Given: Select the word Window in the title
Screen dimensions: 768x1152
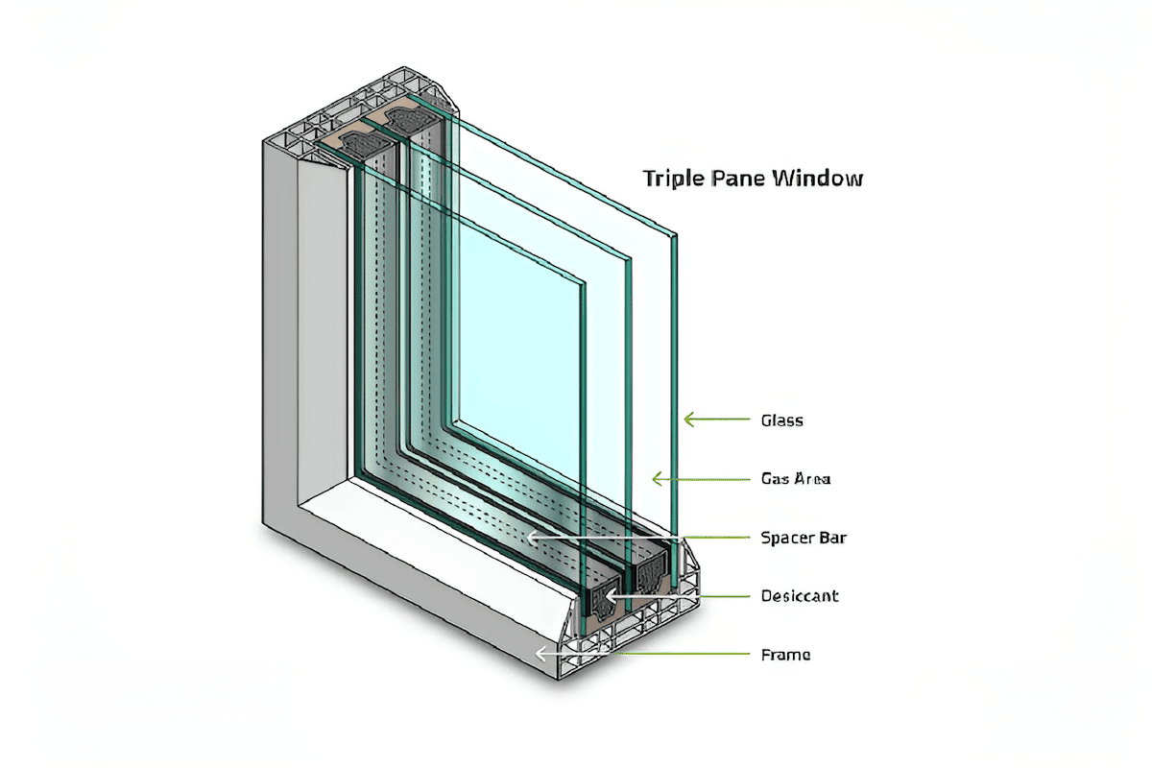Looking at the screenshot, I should [x=822, y=179].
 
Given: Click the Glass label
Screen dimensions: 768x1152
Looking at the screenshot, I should [x=781, y=420].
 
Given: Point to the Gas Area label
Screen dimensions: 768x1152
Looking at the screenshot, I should [x=795, y=478].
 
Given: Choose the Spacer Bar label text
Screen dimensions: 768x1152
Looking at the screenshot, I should [x=803, y=538].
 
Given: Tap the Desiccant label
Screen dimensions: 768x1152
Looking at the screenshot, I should [x=799, y=596].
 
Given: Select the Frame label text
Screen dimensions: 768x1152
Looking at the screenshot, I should [x=785, y=655].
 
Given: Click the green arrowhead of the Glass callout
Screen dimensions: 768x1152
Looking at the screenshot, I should [x=687, y=420].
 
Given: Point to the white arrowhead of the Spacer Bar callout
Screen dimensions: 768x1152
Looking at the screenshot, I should [x=531, y=539].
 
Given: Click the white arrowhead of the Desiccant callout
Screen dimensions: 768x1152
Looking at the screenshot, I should [x=602, y=596].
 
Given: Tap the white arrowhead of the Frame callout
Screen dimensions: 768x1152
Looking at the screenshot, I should [x=540, y=655].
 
